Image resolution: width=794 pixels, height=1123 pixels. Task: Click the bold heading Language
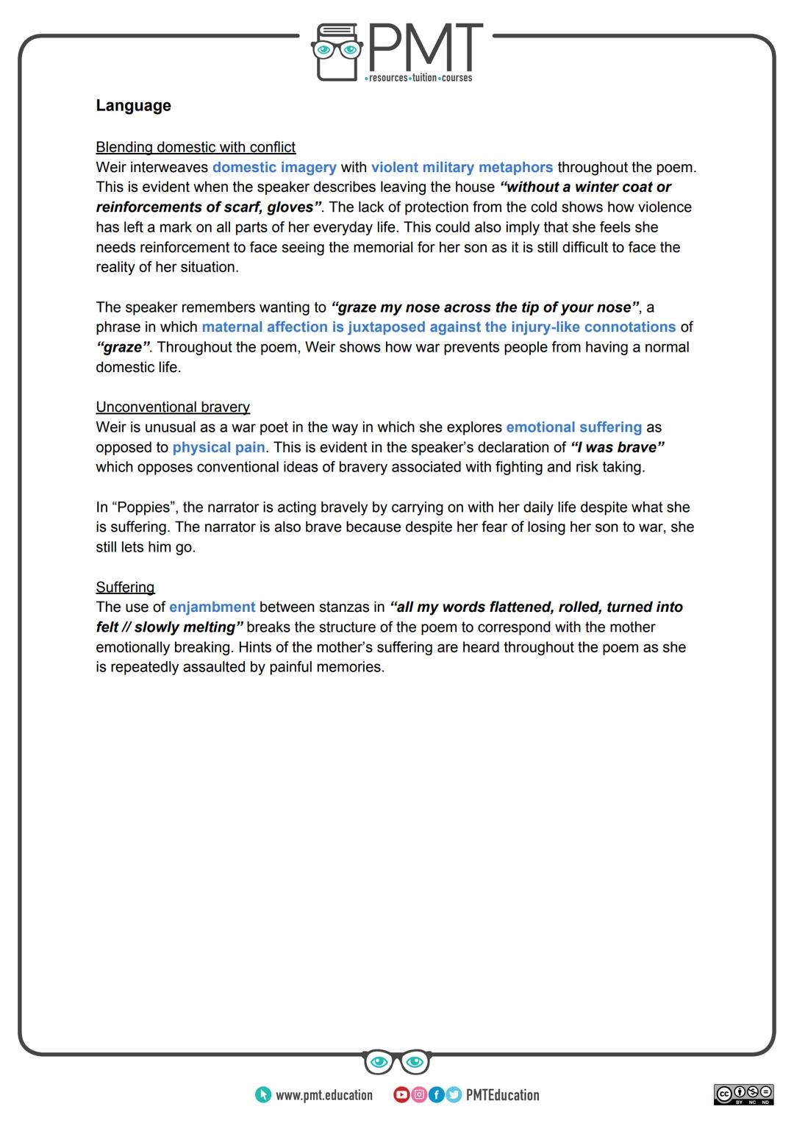133,105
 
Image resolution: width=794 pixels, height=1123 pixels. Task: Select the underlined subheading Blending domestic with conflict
196,147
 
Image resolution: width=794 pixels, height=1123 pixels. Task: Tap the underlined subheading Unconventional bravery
173,407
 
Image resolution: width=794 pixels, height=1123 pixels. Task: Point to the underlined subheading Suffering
125,587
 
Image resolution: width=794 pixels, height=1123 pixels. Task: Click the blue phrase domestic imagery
274,167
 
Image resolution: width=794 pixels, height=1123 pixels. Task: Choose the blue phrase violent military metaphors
462,167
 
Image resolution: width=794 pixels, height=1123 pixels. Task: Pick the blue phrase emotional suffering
573,427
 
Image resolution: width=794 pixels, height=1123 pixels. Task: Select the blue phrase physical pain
218,447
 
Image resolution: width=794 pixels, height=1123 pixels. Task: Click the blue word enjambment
212,607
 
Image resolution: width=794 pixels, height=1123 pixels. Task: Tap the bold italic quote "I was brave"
617,447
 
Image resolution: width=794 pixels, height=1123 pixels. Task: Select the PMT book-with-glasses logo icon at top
338,51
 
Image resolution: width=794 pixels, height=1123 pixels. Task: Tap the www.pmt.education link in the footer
323,1095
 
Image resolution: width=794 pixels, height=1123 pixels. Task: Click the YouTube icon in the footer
401,1095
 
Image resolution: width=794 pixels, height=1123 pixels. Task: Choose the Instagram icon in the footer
419,1095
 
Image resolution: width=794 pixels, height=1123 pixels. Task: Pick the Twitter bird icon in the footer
453,1095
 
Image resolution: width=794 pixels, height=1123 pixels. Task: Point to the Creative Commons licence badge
743,1094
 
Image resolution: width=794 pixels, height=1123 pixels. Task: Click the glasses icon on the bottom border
397,1062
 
